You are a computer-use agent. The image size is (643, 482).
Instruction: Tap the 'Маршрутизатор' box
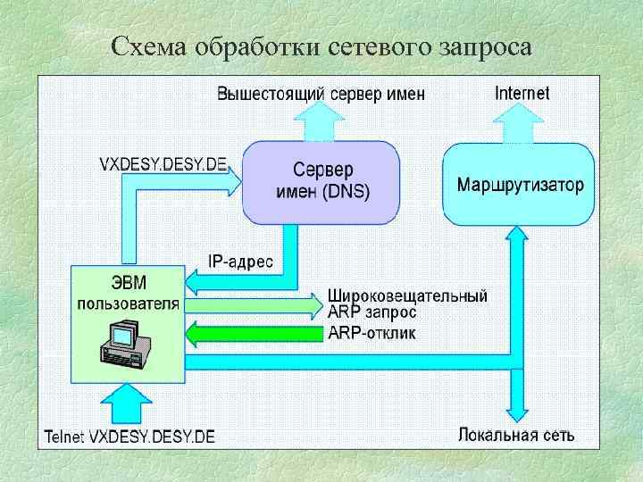[520, 186]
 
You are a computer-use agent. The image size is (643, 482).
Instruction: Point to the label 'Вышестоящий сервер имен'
[321, 94]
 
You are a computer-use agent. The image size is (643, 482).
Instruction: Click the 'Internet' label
[522, 93]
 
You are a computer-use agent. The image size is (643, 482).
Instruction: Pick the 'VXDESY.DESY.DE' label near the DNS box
[163, 164]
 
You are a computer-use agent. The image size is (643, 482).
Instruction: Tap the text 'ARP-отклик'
[372, 333]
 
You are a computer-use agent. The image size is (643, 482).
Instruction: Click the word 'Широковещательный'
[407, 295]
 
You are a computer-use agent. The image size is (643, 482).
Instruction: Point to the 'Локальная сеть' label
[516, 435]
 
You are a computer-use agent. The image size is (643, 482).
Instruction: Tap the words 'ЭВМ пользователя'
[128, 293]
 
